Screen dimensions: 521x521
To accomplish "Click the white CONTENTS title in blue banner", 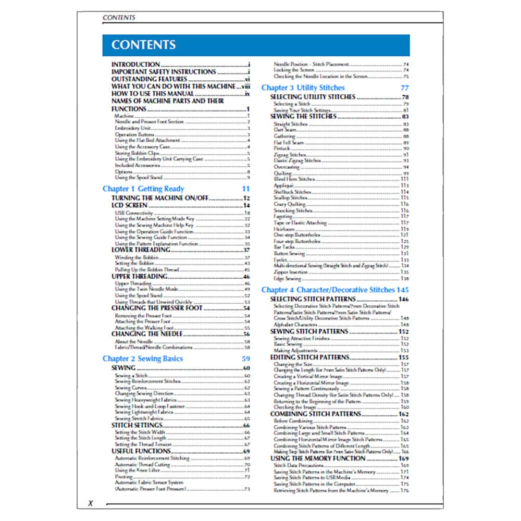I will click(x=143, y=45).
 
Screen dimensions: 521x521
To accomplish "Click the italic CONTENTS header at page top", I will click(x=119, y=17).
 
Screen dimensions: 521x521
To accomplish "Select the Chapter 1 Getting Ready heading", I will click(x=143, y=189).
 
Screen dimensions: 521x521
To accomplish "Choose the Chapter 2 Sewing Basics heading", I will click(x=142, y=358).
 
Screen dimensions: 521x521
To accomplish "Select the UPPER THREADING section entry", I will click(x=139, y=276).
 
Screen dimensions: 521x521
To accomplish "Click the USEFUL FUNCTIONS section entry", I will click(x=140, y=451).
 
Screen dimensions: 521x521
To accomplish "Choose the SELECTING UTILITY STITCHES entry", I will click(x=313, y=97).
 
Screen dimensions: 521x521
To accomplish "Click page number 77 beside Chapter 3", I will click(x=405, y=88).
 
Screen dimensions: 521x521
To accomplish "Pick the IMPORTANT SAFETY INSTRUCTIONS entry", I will click(x=164, y=72).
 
